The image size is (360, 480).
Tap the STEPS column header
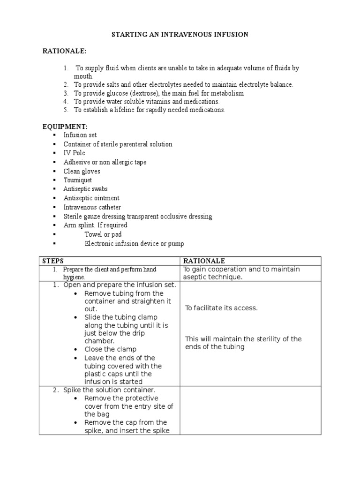pos(53,261)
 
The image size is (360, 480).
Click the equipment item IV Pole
pos(75,153)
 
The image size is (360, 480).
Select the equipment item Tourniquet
pos(78,180)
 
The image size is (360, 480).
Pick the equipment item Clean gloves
pos(82,172)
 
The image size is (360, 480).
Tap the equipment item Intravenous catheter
pos(92,207)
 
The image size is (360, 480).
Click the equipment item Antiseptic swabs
pos(85,189)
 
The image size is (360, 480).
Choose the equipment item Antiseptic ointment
pos(91,198)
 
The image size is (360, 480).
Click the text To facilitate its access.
pos(221,308)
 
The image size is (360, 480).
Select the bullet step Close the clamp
pos(110,349)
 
